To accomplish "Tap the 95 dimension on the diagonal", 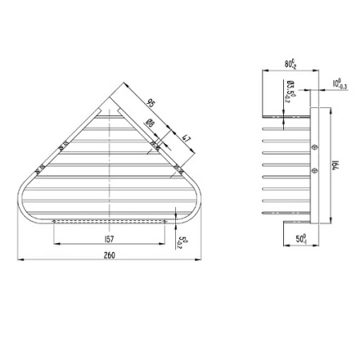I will [150, 102].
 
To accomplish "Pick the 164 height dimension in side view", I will [335, 165].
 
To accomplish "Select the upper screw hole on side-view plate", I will [314, 147].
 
